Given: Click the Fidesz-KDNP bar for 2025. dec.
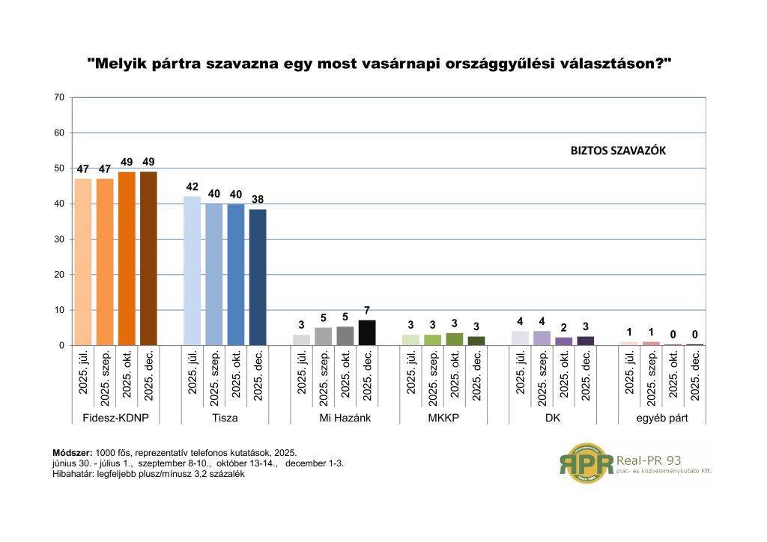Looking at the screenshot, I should tap(148, 258).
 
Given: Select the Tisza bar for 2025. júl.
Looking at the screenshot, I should tap(192, 271).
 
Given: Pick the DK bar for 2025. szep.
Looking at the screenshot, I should tap(542, 338).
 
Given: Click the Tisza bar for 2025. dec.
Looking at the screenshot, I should tap(258, 278).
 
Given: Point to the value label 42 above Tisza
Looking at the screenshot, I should tap(192, 186).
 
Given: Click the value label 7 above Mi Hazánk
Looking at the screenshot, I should tap(367, 310).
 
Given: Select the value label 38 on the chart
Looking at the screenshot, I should tap(258, 199).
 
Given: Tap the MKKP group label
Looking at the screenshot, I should tap(443, 418).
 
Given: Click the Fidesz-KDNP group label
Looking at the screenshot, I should tap(116, 418).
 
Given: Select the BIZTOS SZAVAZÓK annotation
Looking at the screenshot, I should tap(618, 150).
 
